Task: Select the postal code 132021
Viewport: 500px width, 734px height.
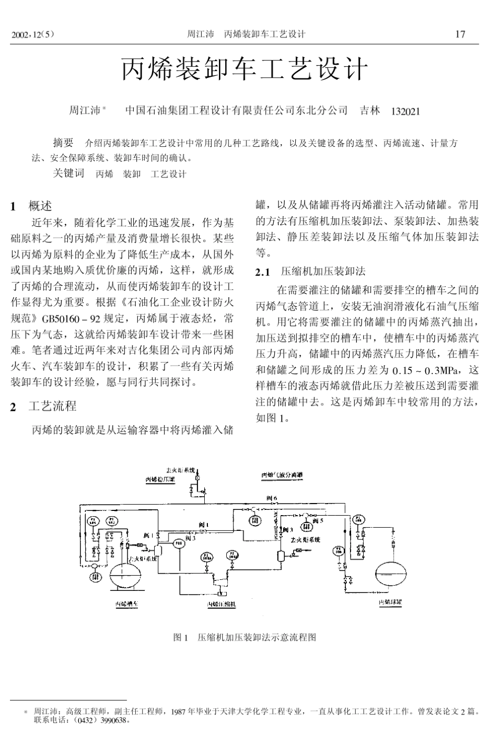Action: [x=406, y=111]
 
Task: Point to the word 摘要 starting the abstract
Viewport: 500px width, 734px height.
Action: [x=63, y=143]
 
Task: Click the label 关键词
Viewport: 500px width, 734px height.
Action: [x=68, y=174]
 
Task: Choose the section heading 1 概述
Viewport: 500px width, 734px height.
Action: [x=33, y=206]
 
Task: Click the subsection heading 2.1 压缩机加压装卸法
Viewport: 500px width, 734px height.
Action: [x=310, y=272]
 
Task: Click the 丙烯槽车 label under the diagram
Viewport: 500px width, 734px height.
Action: [x=127, y=605]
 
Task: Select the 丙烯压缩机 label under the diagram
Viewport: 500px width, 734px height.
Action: [x=221, y=605]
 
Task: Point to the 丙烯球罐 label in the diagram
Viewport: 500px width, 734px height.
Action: [x=390, y=600]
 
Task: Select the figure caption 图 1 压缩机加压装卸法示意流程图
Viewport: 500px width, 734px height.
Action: [x=245, y=637]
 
